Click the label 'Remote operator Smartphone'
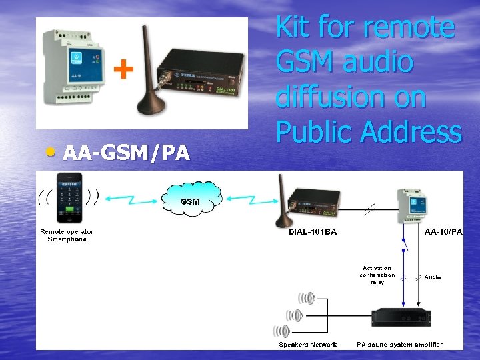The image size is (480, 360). pos(67,235)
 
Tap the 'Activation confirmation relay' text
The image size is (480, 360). pos(377,275)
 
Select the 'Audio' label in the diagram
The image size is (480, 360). pos(433,277)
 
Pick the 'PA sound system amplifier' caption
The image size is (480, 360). pos(399,345)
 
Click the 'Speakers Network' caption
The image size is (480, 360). pos(308,345)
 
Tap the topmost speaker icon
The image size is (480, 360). pos(306,299)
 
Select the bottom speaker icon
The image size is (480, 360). pos(281,331)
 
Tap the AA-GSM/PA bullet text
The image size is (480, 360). pos(126,153)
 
